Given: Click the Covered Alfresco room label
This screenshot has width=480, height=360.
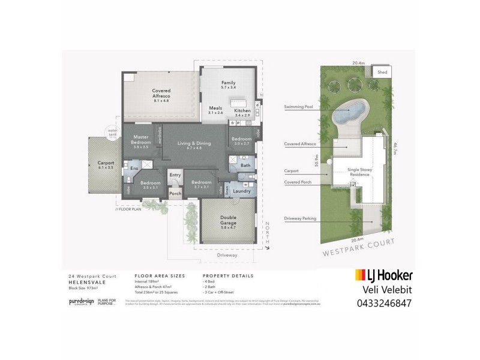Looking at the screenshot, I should pyautogui.click(x=161, y=93).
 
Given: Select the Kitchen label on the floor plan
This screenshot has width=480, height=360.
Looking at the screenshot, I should pyautogui.click(x=242, y=112).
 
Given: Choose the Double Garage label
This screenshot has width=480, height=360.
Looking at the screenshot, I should pyautogui.click(x=228, y=220).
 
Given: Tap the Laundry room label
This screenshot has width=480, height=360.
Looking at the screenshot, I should pyautogui.click(x=242, y=191).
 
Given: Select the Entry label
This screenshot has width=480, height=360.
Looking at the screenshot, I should pyautogui.click(x=175, y=175).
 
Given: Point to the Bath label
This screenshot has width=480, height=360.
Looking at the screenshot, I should pyautogui.click(x=245, y=165).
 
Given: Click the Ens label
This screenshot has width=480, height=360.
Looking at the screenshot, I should pyautogui.click(x=134, y=169).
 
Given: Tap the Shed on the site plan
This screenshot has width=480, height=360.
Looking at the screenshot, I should pyautogui.click(x=382, y=71).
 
